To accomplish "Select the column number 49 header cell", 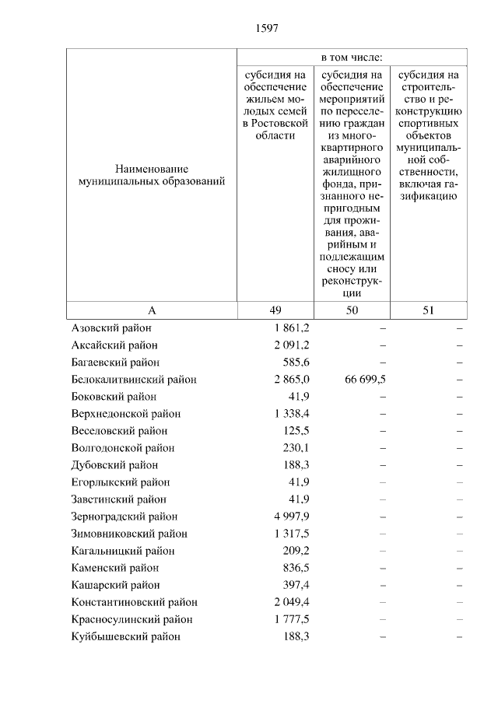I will [275, 310].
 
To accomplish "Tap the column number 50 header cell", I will [352, 310].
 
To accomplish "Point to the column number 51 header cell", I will [428, 310].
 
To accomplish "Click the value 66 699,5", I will [364, 380].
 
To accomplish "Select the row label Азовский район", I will [111, 328].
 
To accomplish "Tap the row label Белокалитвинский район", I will [133, 380].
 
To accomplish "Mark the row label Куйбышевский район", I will [125, 636].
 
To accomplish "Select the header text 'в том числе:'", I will [352, 58].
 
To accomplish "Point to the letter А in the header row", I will [152, 310].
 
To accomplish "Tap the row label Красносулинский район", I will [132, 619].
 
